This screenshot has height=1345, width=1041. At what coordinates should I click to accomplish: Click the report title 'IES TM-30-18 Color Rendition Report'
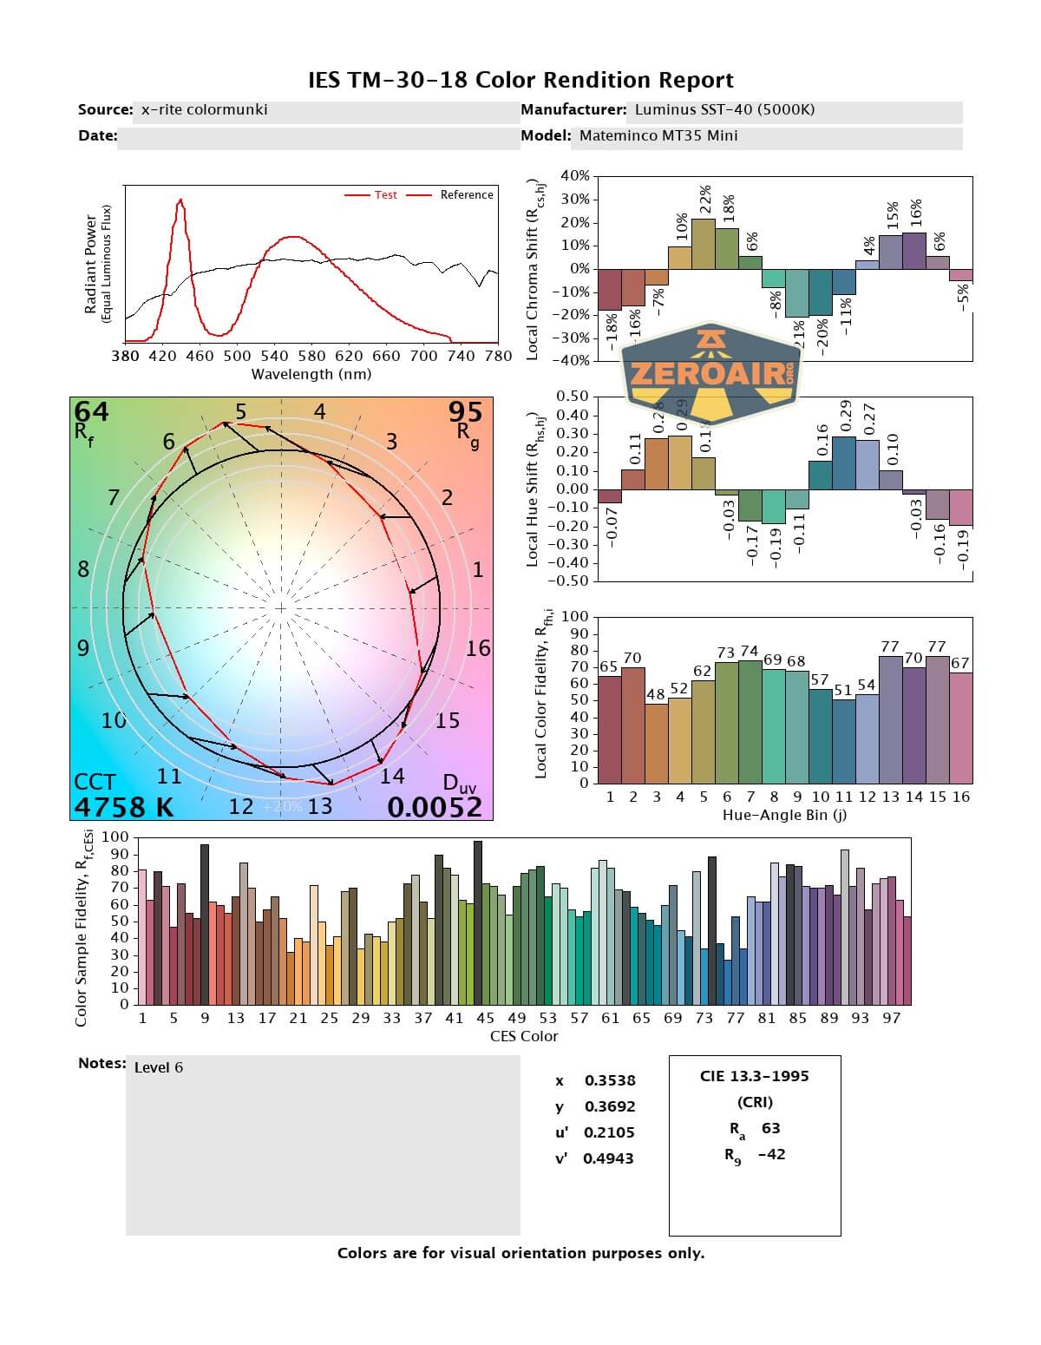point(520,81)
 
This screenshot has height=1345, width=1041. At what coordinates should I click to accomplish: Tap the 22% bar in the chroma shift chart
point(704,244)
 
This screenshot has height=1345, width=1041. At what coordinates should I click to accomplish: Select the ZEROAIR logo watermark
point(711,375)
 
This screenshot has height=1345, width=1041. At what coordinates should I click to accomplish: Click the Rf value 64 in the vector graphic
point(92,411)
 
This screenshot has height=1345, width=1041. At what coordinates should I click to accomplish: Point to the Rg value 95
point(465,411)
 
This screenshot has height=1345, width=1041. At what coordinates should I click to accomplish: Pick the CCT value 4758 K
point(124,807)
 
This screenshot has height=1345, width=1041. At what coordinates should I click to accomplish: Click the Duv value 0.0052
point(434,807)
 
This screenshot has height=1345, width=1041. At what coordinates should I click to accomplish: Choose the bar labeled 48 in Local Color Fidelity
point(657,743)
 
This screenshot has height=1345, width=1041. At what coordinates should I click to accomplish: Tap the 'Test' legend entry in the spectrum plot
point(385,195)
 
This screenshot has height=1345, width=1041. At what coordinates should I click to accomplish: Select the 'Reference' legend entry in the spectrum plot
point(466,195)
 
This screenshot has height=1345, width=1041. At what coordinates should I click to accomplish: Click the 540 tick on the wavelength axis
point(274,356)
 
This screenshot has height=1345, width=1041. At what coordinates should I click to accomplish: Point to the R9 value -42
point(771,1154)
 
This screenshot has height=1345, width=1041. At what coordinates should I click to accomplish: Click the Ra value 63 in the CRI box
point(770,1128)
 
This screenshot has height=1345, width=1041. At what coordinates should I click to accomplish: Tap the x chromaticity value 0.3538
point(610,1080)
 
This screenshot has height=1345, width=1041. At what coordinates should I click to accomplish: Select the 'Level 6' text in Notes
point(159,1067)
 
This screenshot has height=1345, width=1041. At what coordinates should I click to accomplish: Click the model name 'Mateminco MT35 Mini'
point(658,135)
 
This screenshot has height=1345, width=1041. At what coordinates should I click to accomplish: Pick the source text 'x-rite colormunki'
point(205,110)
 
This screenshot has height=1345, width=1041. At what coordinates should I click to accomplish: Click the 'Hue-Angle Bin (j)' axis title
point(785,816)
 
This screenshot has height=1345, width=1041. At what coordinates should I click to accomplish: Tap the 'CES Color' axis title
point(524,1036)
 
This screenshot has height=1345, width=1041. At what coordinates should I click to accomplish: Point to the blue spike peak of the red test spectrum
point(180,200)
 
